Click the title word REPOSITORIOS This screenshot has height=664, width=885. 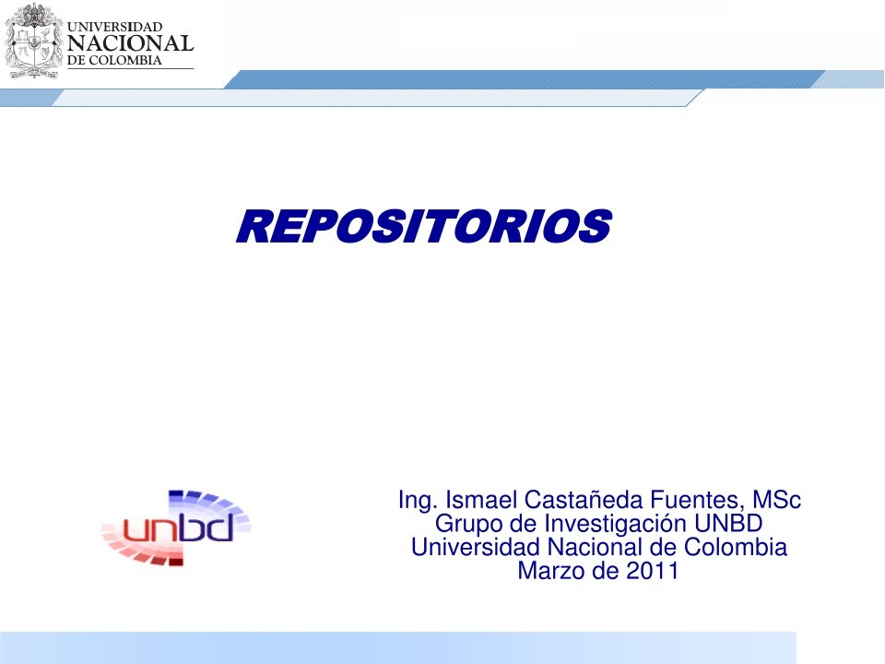tap(423, 227)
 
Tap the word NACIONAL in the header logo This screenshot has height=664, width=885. tap(131, 43)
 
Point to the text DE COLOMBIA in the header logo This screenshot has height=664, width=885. tap(115, 61)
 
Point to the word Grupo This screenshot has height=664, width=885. tap(464, 524)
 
